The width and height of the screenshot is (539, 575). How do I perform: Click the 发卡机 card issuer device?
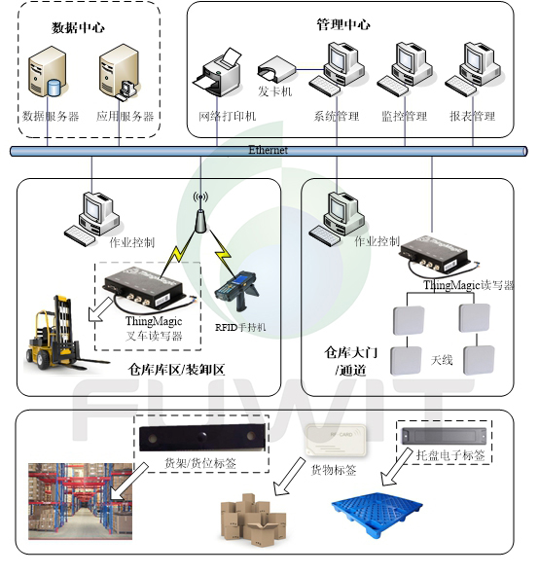click(276, 71)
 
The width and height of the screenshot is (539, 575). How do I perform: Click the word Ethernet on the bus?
click(269, 150)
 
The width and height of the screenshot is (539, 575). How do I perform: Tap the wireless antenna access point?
click(198, 215)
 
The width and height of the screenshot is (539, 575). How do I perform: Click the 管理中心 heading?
click(342, 23)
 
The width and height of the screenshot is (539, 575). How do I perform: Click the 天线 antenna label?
click(442, 360)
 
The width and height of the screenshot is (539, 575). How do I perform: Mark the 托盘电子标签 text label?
click(449, 455)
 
